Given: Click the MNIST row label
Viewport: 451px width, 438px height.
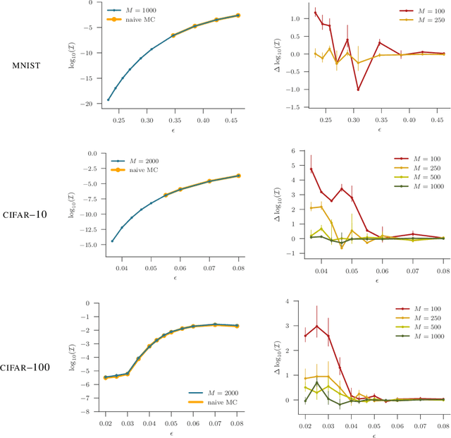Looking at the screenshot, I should click(x=29, y=66).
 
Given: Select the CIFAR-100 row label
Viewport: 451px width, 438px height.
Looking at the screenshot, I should click(x=27, y=367).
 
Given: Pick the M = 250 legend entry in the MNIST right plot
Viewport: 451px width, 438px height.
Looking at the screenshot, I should click(x=424, y=20).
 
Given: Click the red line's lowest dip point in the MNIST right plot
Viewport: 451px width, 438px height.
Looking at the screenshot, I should click(x=358, y=90).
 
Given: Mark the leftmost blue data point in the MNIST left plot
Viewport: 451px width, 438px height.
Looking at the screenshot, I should click(x=108, y=99).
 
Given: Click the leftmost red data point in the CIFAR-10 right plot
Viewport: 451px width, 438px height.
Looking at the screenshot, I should click(x=311, y=169).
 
